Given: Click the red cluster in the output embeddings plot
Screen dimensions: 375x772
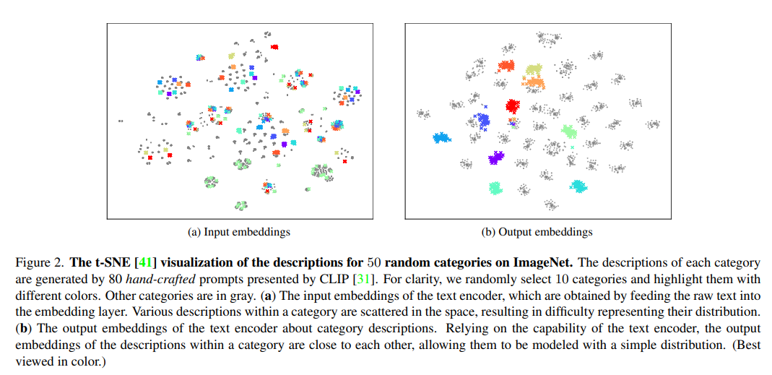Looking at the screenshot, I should click(x=512, y=107).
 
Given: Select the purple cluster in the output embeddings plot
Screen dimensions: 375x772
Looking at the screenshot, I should click(x=495, y=158).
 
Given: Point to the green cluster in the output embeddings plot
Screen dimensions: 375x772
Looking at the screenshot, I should click(x=569, y=131).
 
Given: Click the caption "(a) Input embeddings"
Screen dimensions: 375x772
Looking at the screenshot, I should click(x=239, y=232).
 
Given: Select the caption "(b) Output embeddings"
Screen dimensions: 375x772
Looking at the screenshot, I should click(x=537, y=232).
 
